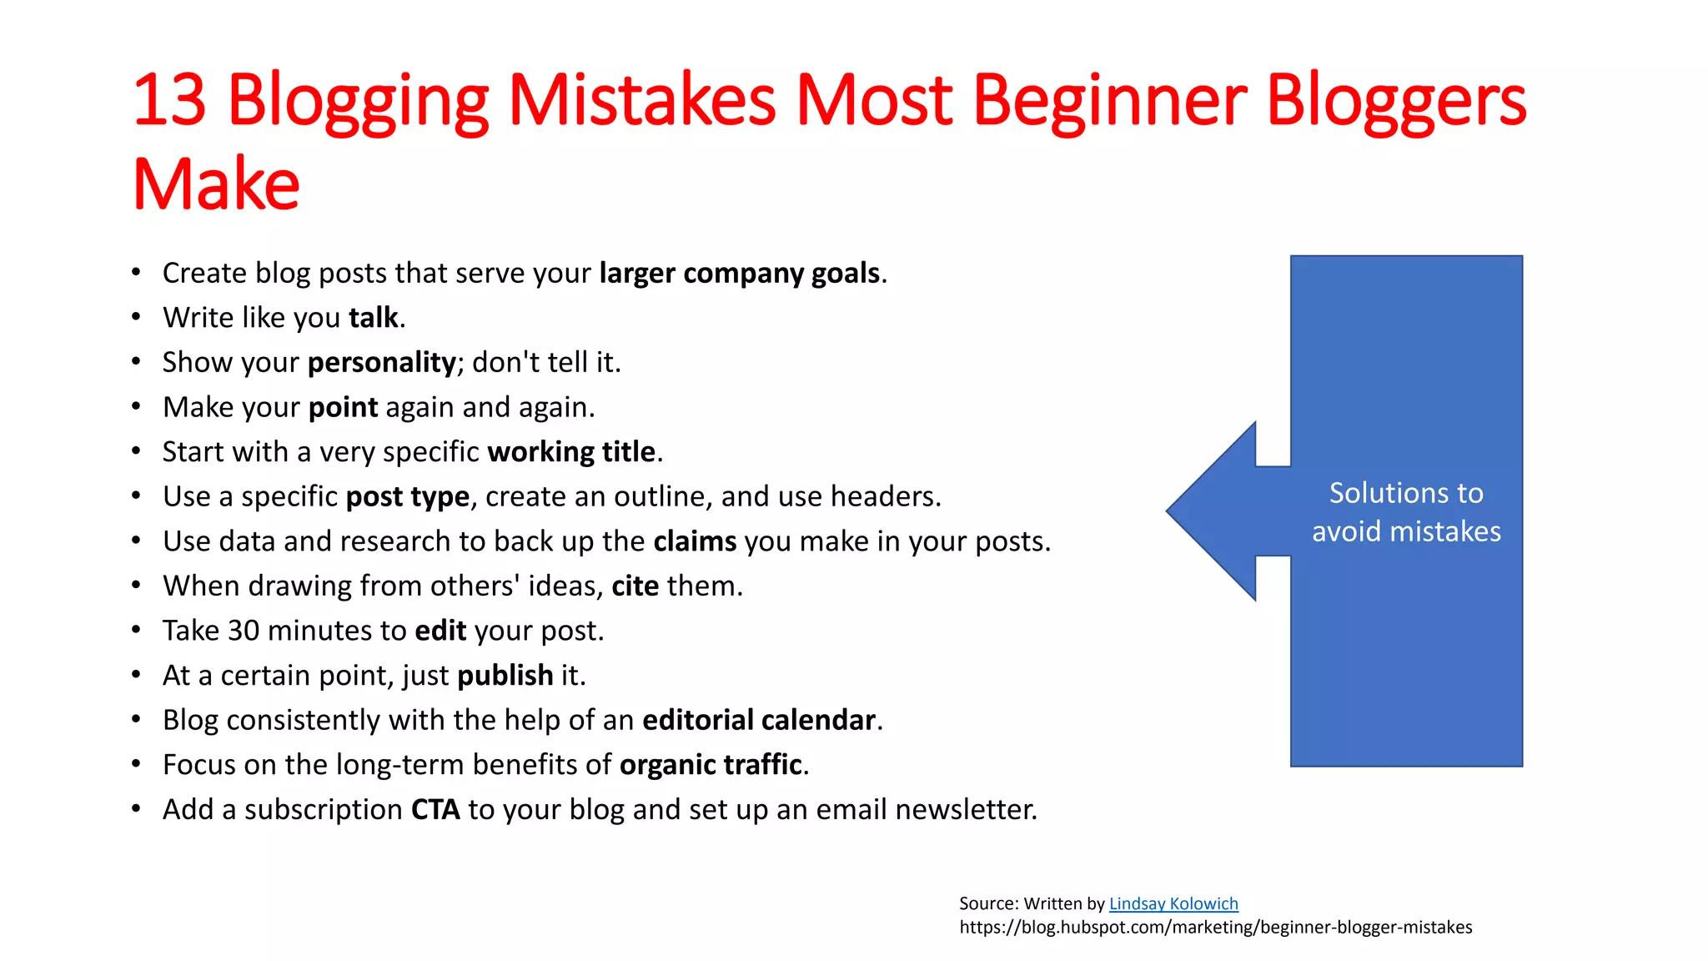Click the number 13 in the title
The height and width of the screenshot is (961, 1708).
coord(169,100)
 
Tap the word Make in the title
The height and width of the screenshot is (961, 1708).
coord(216,184)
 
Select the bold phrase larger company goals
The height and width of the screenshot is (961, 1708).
coord(739,274)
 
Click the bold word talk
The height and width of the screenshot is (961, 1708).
coord(373,318)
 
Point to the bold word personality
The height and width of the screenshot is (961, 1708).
coord(381,363)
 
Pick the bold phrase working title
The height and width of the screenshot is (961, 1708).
coord(571,452)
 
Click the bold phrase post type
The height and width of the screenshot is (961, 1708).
coord(408,497)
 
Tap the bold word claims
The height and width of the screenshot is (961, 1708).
coord(695,541)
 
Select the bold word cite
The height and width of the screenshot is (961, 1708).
coord(635,586)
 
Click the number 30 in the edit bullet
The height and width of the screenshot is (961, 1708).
coord(244,631)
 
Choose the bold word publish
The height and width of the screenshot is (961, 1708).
coord(505,676)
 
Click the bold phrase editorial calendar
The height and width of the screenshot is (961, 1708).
coord(758,720)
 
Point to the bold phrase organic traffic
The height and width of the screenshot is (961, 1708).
coord(711,765)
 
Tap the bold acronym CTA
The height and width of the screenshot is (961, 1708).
coord(435,810)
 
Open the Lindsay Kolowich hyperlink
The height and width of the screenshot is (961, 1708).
coord(1173,903)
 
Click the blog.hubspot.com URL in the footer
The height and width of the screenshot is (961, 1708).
coord(1215,928)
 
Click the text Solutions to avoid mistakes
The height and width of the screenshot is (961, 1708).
coord(1406,512)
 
